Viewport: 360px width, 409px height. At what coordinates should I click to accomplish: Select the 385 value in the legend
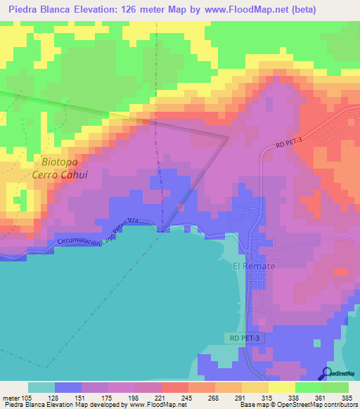[347, 397]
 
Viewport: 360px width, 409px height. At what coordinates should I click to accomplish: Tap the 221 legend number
[160, 397]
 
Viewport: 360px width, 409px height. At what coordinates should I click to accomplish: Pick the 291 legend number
[240, 397]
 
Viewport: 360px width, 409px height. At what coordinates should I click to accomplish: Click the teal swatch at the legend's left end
[41, 387]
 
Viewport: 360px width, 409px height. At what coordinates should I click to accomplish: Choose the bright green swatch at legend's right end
[335, 387]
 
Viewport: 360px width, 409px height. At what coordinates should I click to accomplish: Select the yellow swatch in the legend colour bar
[281, 387]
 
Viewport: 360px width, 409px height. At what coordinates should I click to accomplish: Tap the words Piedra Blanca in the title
[39, 9]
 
